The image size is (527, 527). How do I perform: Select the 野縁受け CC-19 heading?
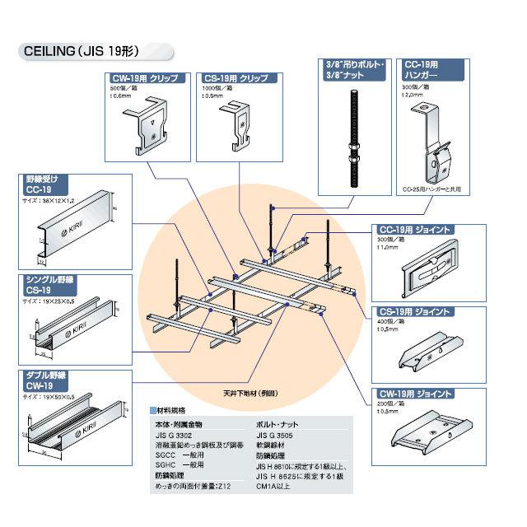(x=42, y=183)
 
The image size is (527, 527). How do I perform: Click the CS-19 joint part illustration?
(x=429, y=351)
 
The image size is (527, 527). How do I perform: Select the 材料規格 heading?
(x=173, y=409)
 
